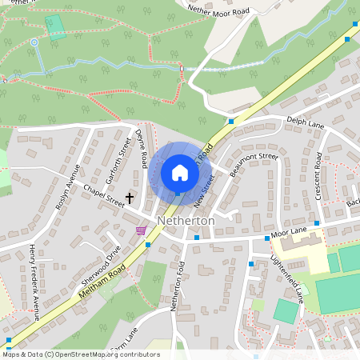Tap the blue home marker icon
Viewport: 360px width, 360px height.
[179, 172]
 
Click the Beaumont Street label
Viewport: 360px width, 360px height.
[253, 165]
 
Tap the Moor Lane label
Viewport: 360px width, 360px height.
[289, 232]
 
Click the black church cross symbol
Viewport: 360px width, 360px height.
[130, 195]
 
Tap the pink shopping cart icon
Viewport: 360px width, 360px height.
[141, 230]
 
